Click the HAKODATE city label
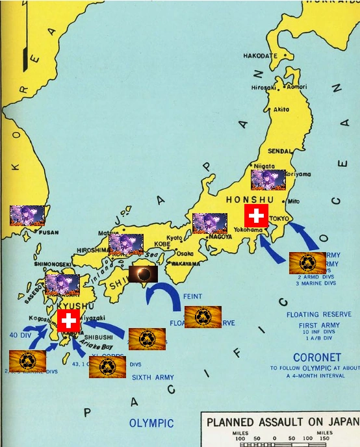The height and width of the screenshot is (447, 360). (261, 56)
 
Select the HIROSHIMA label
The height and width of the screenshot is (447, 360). (92, 249)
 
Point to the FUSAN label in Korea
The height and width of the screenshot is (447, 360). (48, 232)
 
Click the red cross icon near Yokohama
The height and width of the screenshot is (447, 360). (256, 216)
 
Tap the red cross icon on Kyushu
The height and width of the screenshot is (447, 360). (68, 320)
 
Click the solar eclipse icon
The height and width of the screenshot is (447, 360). (143, 274)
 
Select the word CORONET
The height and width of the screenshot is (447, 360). (316, 357)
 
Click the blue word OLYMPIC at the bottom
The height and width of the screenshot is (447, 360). (151, 423)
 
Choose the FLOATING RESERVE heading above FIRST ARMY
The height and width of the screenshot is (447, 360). (311, 314)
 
